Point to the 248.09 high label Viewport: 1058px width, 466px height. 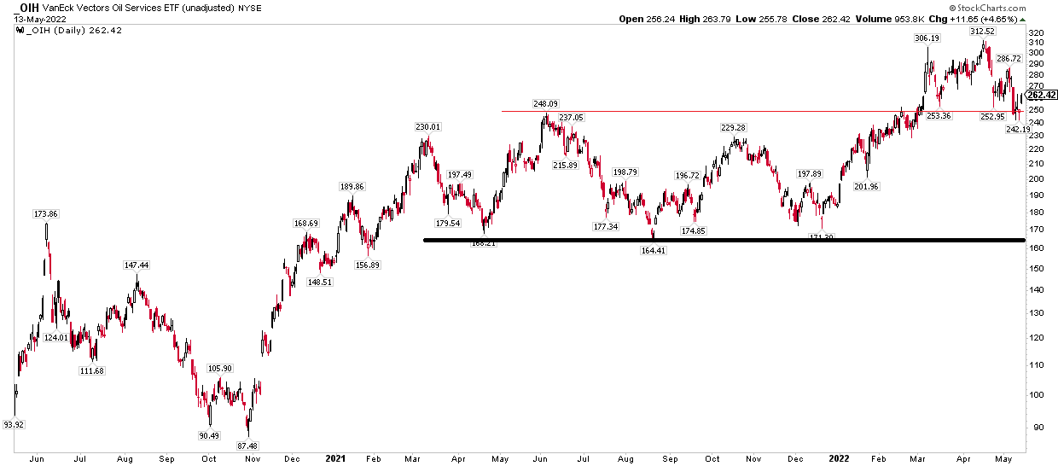click(x=546, y=104)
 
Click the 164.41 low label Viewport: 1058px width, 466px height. click(x=654, y=250)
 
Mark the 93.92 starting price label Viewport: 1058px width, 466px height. click(x=14, y=424)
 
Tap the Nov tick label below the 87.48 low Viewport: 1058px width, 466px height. click(x=252, y=458)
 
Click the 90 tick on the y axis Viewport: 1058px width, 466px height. click(x=1034, y=428)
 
